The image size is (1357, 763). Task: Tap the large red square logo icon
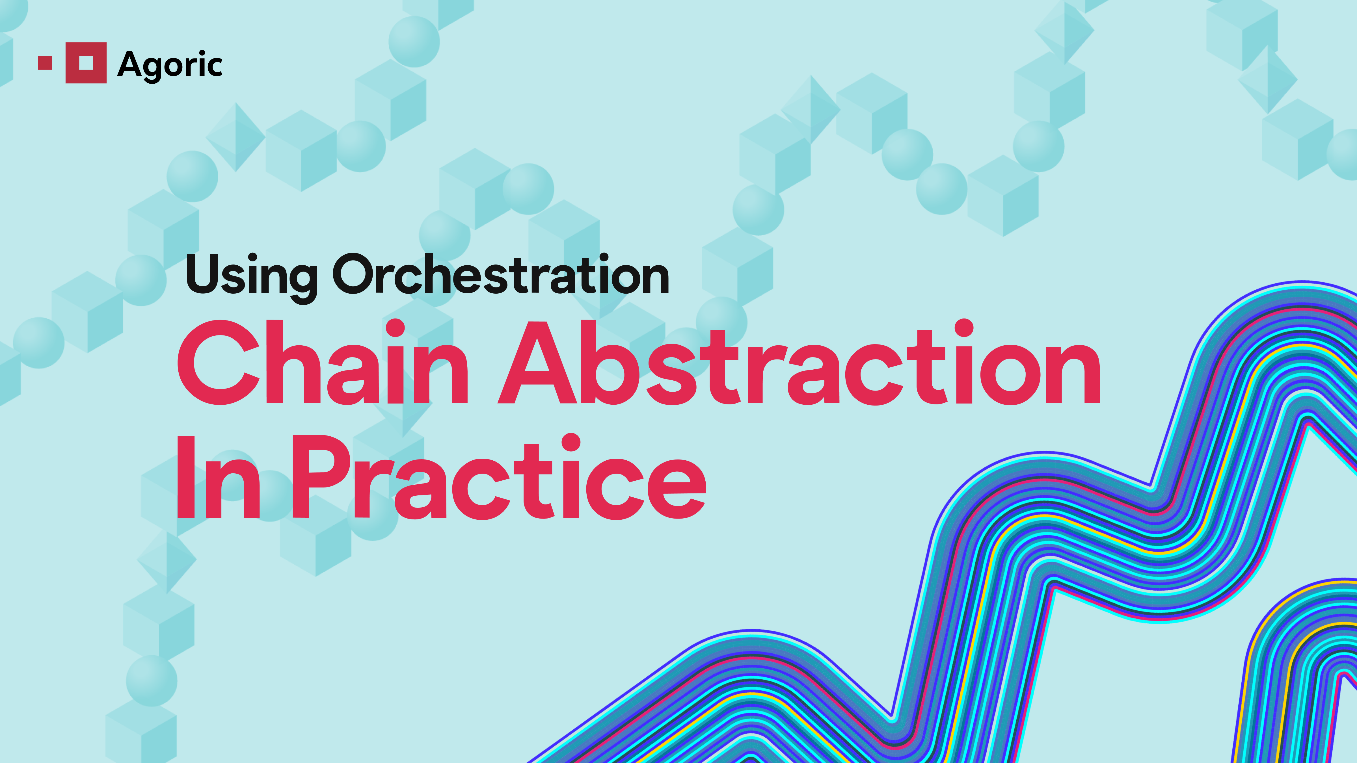tap(86, 63)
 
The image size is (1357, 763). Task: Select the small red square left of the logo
tap(45, 63)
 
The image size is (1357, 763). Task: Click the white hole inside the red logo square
tap(86, 63)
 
